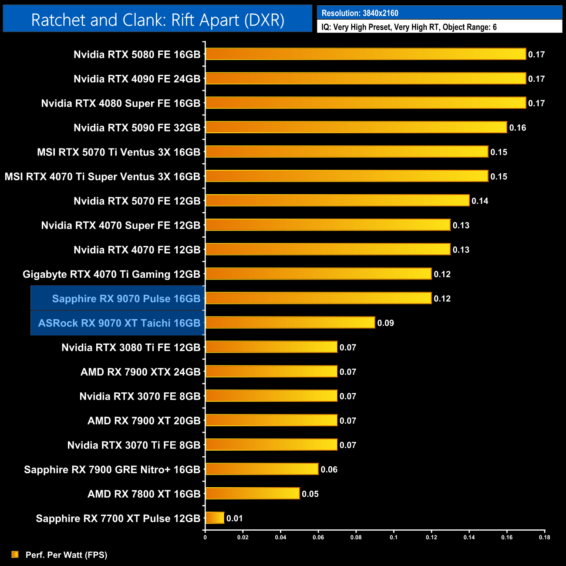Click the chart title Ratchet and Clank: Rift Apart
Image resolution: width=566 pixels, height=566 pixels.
pyautogui.click(x=158, y=20)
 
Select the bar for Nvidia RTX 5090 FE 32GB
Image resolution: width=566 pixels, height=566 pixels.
pyautogui.click(x=356, y=127)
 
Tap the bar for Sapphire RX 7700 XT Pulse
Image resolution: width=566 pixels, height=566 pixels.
pyautogui.click(x=215, y=518)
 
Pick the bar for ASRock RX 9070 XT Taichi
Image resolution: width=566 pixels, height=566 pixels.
pyautogui.click(x=290, y=323)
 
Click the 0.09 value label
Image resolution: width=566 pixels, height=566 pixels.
pyautogui.click(x=385, y=323)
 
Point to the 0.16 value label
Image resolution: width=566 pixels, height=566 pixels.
pyautogui.click(x=518, y=128)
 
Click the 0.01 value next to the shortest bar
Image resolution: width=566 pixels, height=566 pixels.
pyautogui.click(x=235, y=518)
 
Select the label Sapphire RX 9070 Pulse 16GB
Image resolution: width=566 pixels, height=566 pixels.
pyautogui.click(x=126, y=299)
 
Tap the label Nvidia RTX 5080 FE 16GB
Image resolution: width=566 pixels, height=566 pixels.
pyautogui.click(x=137, y=54)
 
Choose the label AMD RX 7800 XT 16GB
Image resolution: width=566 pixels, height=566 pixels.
pyautogui.click(x=144, y=494)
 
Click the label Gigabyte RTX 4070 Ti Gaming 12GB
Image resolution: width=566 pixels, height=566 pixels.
pyautogui.click(x=111, y=274)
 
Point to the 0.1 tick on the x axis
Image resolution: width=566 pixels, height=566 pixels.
pyautogui.click(x=394, y=537)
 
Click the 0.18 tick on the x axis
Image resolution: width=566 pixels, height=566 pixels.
pyautogui.click(x=545, y=537)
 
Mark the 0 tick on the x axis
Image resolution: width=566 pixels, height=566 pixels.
pyautogui.click(x=205, y=537)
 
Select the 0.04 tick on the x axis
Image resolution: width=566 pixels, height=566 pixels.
pyautogui.click(x=280, y=537)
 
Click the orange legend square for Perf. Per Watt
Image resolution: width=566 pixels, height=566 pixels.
pyautogui.click(x=15, y=554)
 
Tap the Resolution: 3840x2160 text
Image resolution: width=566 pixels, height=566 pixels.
pyautogui.click(x=360, y=13)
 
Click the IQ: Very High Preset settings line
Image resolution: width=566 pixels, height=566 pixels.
pyautogui.click(x=409, y=27)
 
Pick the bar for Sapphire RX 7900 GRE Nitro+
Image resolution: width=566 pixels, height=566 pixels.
pyautogui.click(x=262, y=469)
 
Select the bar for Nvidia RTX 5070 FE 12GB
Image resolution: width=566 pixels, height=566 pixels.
pyautogui.click(x=337, y=200)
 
